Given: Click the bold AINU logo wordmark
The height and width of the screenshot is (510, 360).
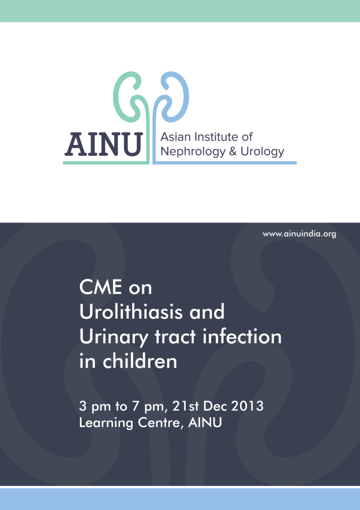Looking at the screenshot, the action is (x=104, y=144).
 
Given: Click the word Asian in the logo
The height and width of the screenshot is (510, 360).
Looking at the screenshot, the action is (x=176, y=136).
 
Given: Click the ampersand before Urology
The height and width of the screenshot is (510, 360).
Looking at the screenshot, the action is (x=233, y=151).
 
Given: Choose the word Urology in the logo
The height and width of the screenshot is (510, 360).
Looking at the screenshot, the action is (x=262, y=152).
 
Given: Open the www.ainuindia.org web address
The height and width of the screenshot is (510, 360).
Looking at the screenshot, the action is (x=299, y=234).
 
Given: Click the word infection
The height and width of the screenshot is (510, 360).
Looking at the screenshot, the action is (x=242, y=336).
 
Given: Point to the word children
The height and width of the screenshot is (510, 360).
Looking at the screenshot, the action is (x=140, y=361).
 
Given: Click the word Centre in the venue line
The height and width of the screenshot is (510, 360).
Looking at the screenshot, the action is (x=160, y=423).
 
